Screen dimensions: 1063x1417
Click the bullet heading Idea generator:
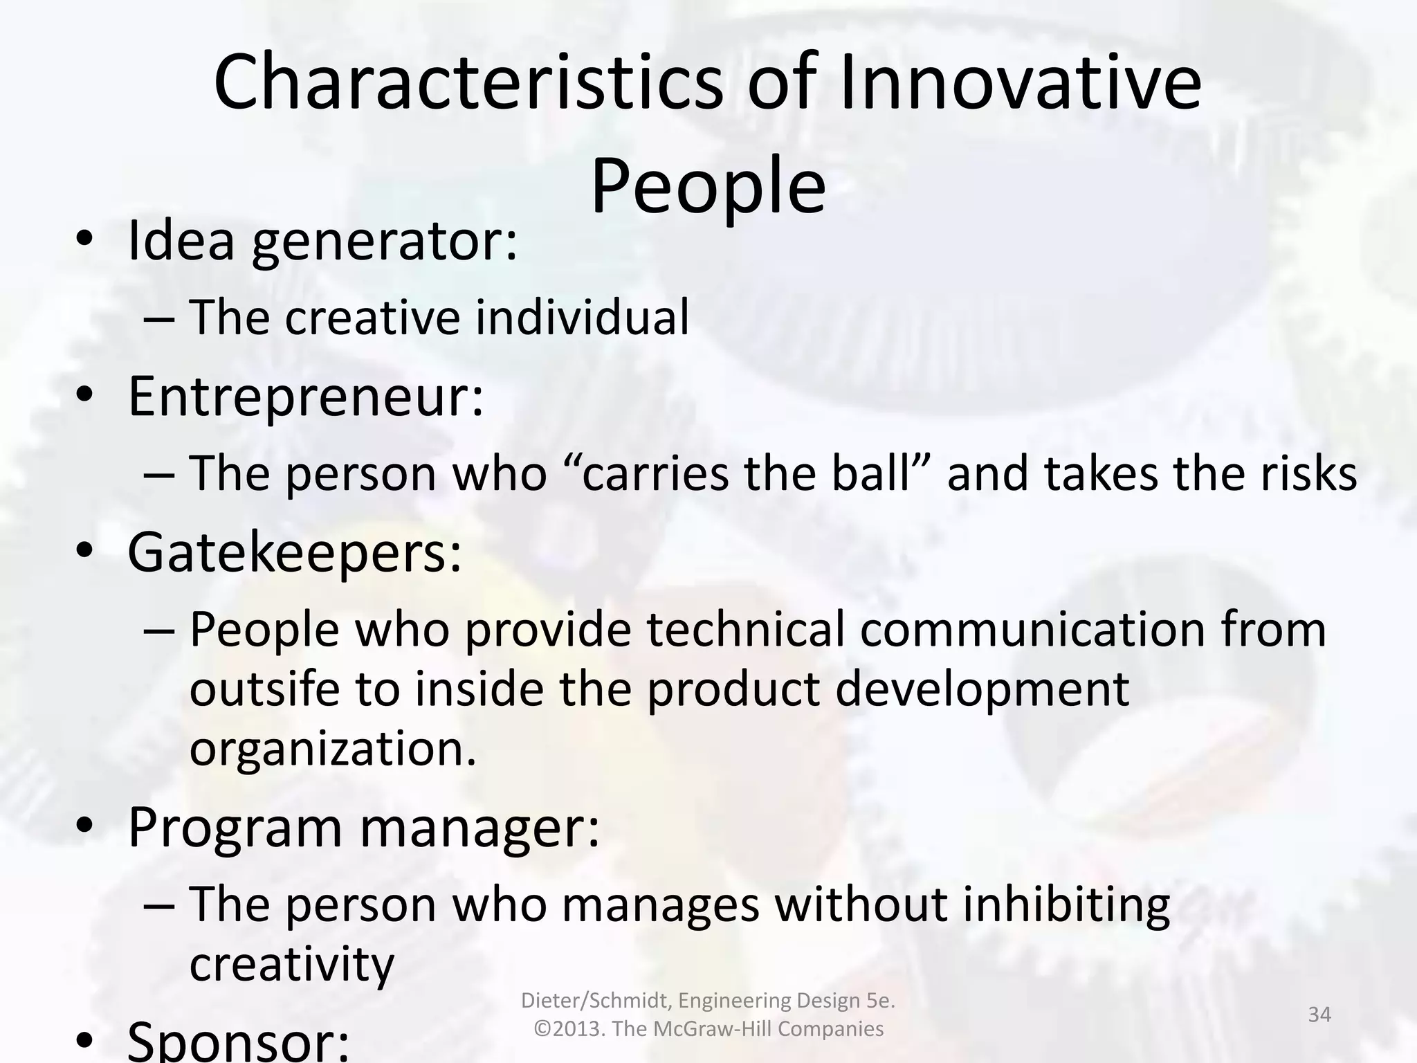pyautogui.click(x=322, y=242)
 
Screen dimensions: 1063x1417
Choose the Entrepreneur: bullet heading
pyautogui.click(x=306, y=397)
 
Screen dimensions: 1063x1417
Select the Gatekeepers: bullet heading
pyautogui.click(x=295, y=554)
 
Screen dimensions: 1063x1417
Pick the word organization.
pyautogui.click(x=332, y=749)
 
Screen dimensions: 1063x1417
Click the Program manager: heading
pyautogui.click(x=364, y=828)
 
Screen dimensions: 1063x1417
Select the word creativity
pyautogui.click(x=291, y=965)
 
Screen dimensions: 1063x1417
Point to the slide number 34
pyautogui.click(x=1319, y=1015)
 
